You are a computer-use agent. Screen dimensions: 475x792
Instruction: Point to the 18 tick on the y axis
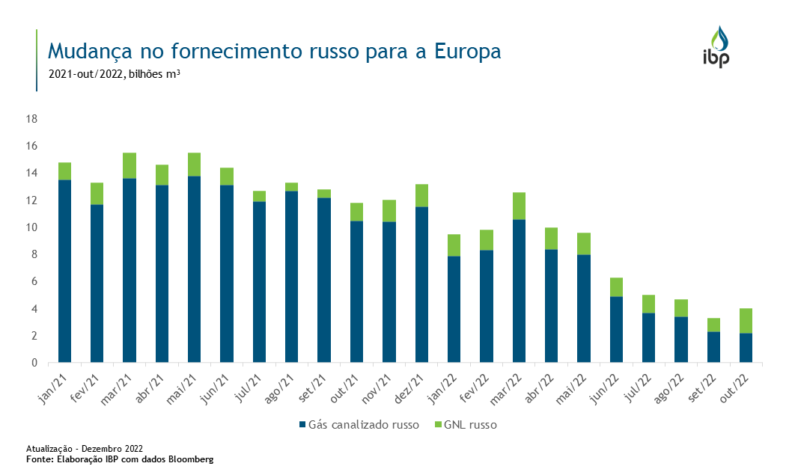point(33,119)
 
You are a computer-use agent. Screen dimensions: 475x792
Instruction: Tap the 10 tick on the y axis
point(33,227)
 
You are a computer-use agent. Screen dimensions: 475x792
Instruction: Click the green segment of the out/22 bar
point(746,321)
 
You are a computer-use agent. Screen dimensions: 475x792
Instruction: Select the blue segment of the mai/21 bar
point(194,269)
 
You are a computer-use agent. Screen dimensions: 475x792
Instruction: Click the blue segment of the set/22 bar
point(713,347)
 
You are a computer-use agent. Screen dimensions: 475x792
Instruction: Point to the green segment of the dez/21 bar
point(421,195)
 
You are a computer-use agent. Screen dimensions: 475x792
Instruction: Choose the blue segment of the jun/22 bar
point(616,329)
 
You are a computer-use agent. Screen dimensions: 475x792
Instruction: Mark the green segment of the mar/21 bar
point(130,165)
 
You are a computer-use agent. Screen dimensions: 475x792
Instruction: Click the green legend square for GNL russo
point(437,425)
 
